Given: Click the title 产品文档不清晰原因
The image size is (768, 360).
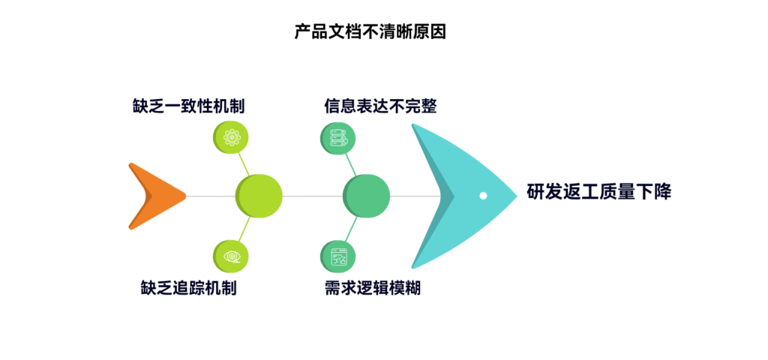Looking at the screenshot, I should (370, 32).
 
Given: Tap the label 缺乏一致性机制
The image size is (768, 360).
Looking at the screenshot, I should (187, 106).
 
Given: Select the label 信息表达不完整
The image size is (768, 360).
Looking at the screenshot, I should (380, 106).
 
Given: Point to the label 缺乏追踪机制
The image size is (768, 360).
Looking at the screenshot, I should (188, 287).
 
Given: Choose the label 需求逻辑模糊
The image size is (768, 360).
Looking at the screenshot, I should (373, 287).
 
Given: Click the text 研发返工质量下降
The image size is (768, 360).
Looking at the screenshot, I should (598, 192).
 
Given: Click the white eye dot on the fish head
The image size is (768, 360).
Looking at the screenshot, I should (483, 196).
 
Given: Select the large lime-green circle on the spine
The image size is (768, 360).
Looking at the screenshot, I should (259, 196).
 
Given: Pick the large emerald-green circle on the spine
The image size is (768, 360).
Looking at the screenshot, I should (366, 196).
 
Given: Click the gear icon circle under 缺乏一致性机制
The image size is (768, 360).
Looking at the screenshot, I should (231, 137).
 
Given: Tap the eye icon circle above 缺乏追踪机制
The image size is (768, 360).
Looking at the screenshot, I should (231, 255).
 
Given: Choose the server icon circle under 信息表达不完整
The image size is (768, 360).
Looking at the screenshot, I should (338, 137).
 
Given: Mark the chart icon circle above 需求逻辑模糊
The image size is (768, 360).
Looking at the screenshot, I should (338, 255).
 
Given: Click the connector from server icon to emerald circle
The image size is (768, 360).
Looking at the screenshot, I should (350, 162).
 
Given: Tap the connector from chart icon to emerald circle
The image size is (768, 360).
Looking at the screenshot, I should (350, 229).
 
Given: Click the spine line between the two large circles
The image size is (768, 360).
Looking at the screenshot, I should (312, 196).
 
